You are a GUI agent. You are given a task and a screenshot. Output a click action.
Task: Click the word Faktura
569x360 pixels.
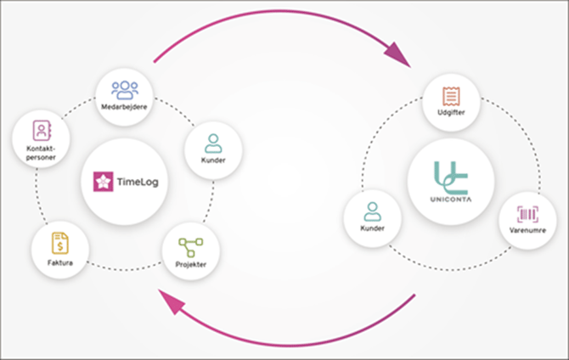tap(59, 263)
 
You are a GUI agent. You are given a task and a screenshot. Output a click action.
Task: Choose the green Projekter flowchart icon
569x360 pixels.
tap(191, 247)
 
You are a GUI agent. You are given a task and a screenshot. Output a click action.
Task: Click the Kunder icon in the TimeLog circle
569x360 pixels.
tap(213, 142)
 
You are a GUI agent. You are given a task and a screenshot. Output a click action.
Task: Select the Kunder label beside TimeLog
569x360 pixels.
tap(213, 160)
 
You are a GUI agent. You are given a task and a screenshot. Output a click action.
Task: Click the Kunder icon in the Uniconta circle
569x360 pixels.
tap(372, 212)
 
